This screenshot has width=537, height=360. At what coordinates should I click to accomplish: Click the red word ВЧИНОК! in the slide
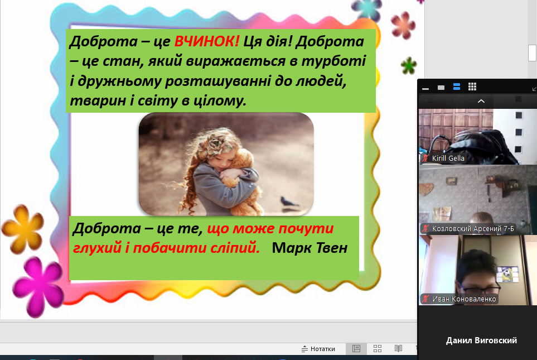207,41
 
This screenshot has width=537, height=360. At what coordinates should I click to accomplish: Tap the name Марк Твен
309,248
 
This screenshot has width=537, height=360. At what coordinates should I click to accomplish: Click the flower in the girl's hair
215,144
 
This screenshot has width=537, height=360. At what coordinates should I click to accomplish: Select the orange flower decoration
23,229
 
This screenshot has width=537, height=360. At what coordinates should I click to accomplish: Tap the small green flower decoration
409,65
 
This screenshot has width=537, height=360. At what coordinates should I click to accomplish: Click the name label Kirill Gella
448,159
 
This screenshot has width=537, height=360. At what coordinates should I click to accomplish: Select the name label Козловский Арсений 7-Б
473,229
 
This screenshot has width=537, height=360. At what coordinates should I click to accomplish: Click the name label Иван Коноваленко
464,299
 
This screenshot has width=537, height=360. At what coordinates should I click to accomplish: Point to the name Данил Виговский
481,340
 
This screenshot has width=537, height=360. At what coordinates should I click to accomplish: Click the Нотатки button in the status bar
318,349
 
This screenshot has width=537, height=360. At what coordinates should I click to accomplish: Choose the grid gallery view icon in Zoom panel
472,87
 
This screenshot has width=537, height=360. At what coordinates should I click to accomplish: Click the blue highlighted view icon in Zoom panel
457,87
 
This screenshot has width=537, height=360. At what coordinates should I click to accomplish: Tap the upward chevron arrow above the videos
481,101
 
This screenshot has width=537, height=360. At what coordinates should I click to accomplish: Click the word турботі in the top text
333,61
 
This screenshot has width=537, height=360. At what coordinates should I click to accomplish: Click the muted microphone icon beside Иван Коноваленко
425,299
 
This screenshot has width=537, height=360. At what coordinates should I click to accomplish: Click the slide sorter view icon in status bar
378,349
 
